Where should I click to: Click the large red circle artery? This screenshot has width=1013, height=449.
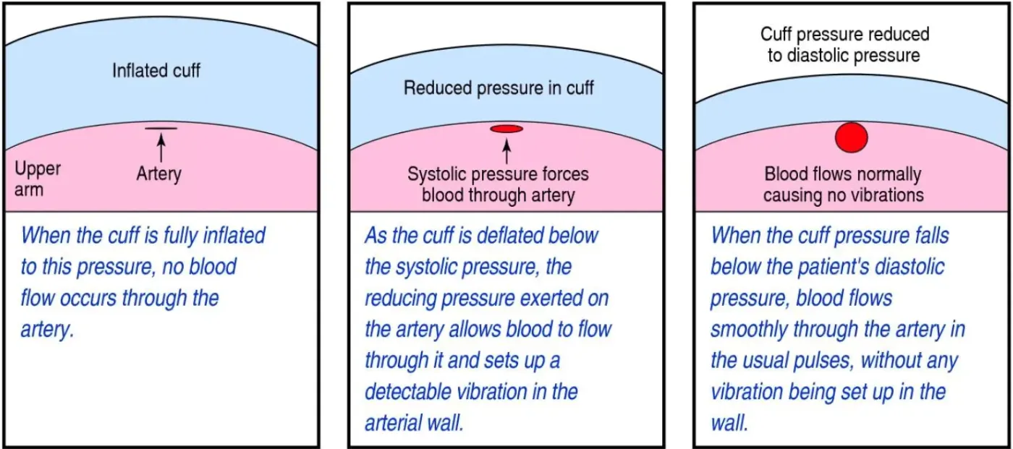pos(851,137)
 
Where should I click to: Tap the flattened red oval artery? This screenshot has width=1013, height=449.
pos(506,129)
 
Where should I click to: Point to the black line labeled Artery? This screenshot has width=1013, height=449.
pos(161,129)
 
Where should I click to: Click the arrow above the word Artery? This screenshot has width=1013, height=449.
pos(161,147)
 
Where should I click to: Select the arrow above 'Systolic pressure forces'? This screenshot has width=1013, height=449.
pos(506,149)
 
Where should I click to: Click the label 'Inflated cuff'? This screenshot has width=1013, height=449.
pos(156,71)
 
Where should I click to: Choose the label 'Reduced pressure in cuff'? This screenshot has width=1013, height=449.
pos(499,88)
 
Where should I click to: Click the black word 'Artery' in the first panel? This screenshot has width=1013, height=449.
pos(158,174)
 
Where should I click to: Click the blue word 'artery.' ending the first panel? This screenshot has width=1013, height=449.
pos(47,330)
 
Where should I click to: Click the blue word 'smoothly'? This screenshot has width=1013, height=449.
pos(748,330)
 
